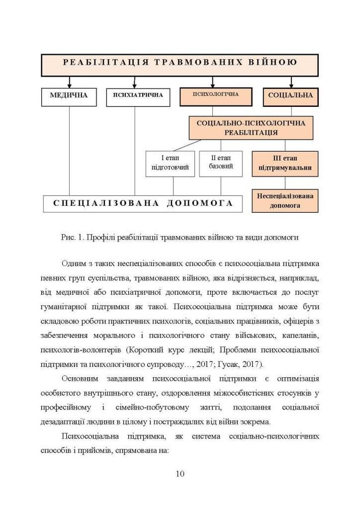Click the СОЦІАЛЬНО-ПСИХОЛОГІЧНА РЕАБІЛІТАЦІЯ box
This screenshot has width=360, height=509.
point(251,128)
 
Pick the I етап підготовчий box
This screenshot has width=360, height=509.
point(170,163)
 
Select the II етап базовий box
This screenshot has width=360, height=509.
point(220,163)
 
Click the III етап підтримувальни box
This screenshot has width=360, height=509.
point(285,163)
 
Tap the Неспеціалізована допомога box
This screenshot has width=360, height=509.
point(285,201)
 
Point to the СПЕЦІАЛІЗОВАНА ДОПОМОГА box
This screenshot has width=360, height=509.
point(143,203)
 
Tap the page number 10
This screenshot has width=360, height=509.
point(180,474)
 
